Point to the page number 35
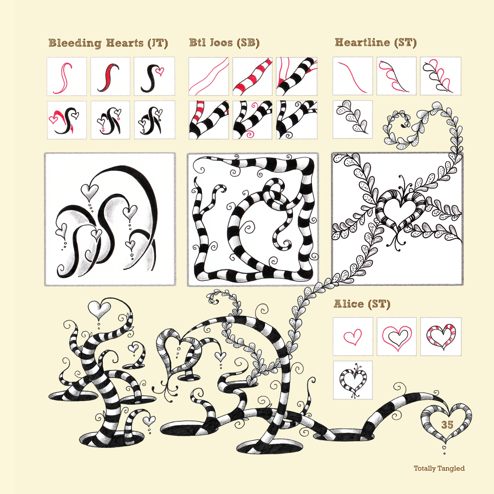(447, 425)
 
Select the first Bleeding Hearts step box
(67, 76)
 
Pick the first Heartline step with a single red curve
(353, 76)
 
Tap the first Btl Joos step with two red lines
(209, 76)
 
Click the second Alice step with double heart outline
(396, 336)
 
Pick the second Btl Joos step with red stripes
(252, 76)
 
